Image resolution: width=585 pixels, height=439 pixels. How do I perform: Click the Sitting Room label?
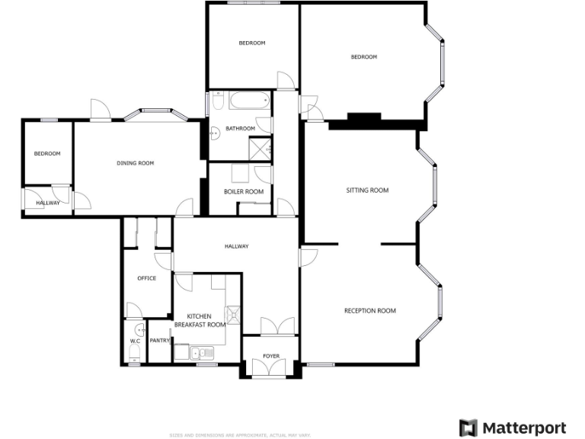[x=367, y=191]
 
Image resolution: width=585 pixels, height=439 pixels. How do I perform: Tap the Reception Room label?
[x=369, y=310]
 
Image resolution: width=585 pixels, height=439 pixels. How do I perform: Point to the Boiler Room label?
[x=243, y=191]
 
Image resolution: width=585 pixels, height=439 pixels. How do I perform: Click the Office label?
[x=146, y=278]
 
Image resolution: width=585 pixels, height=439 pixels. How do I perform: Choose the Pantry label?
[x=159, y=341]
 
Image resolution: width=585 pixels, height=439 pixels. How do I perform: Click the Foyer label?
[x=271, y=356]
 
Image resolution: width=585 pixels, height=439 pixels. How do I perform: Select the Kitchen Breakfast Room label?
[x=200, y=320]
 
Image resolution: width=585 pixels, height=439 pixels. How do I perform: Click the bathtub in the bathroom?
[x=248, y=101]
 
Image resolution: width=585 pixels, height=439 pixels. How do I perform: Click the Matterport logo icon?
[x=468, y=428]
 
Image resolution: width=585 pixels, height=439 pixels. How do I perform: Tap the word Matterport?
[x=524, y=428]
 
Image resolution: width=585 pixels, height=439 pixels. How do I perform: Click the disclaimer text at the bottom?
[x=240, y=435]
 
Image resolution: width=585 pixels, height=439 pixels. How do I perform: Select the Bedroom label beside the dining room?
[x=47, y=153]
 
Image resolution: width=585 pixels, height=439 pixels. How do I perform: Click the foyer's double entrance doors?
[x=270, y=368]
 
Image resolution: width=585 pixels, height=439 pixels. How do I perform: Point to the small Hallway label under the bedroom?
[x=47, y=202]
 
